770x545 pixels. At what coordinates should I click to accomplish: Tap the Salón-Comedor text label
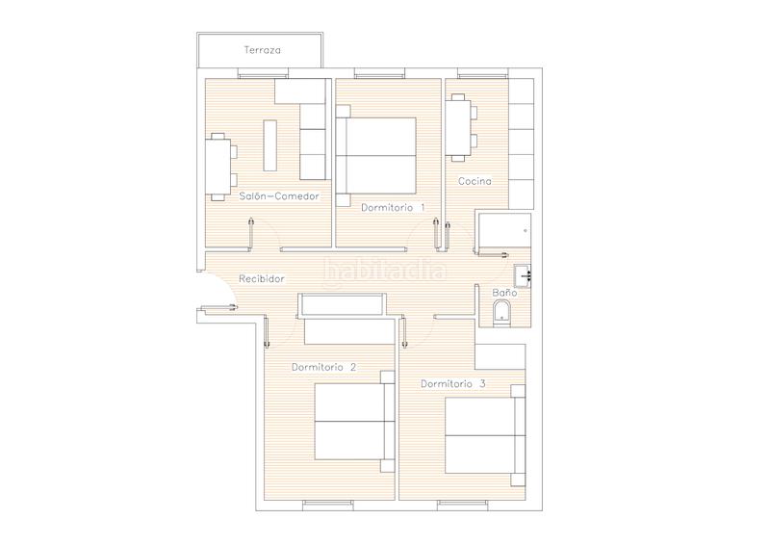(279, 196)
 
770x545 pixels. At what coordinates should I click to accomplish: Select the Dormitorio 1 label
(393, 207)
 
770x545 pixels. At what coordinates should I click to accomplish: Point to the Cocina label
(475, 181)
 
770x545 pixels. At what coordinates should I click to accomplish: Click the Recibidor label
(262, 280)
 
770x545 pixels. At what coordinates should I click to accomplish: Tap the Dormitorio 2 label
(324, 367)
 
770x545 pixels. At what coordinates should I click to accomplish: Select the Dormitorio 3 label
(453, 383)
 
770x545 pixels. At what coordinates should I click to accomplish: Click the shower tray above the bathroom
(504, 234)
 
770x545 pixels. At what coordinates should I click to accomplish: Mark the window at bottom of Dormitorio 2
(329, 503)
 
